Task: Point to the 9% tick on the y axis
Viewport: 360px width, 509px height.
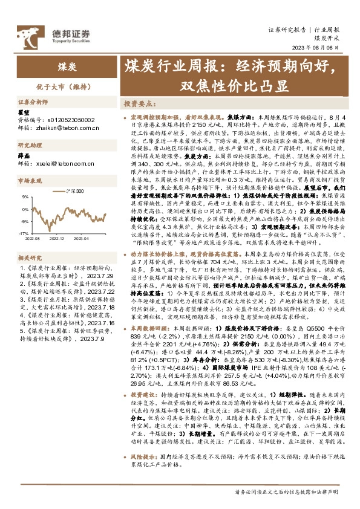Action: (x=24, y=196)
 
